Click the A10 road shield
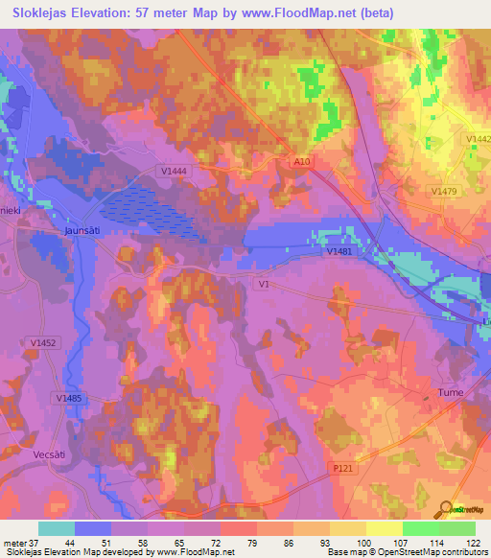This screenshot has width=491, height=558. [303, 163]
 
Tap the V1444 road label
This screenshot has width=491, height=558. [174, 171]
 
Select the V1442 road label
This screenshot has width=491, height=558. [479, 140]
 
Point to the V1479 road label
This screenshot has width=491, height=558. [445, 192]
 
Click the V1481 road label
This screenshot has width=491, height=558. [339, 251]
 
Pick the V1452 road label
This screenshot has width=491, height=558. [44, 341]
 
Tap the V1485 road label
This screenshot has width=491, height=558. [69, 398]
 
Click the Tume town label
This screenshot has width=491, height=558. [450, 393]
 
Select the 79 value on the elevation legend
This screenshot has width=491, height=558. [253, 544]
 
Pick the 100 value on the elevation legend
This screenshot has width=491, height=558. [364, 544]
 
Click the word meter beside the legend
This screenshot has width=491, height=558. [13, 544]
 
